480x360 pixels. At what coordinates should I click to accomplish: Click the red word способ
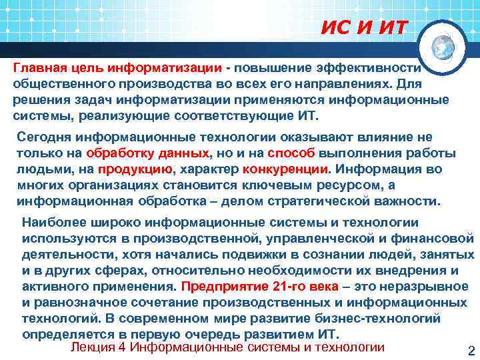coord(297,153)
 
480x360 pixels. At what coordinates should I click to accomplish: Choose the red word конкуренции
coord(288,169)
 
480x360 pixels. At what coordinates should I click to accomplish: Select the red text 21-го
coord(291,287)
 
